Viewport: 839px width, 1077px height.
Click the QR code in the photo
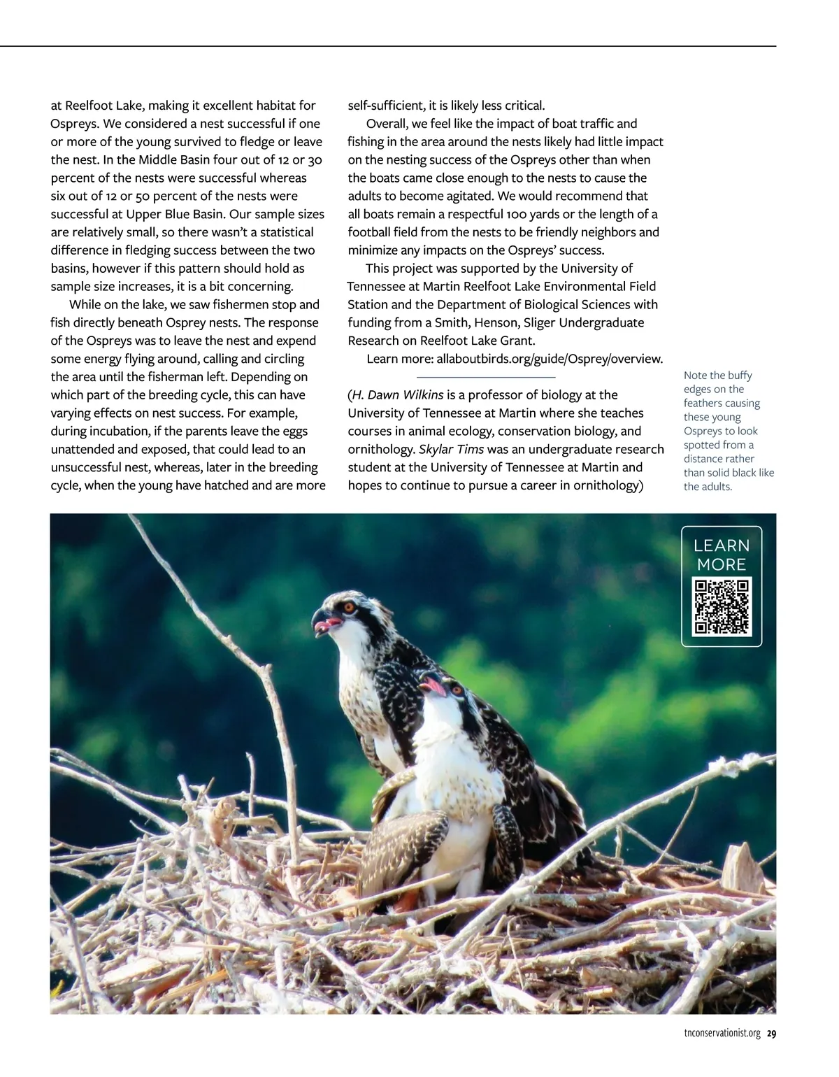[x=721, y=606]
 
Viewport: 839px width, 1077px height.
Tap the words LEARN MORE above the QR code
[x=721, y=555]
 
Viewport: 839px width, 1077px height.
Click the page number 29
[x=771, y=1034]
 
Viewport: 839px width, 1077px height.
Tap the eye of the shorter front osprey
[x=456, y=690]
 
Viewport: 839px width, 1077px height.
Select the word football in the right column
[x=371, y=232]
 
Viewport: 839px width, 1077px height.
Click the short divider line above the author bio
[x=486, y=378]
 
